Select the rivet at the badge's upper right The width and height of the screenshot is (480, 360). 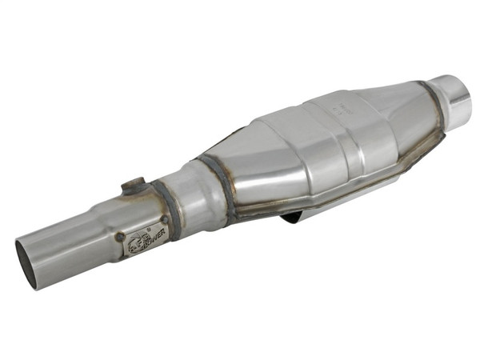click(x=163, y=221)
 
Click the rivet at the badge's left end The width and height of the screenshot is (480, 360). click(x=119, y=237)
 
